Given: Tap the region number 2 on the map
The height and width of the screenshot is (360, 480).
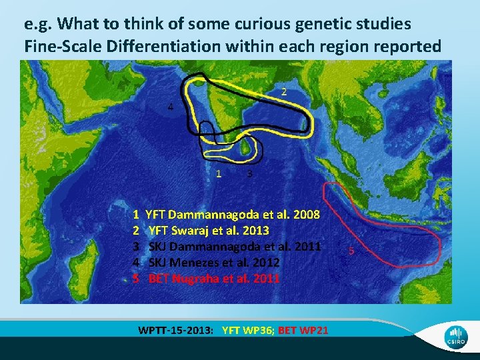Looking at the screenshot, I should (x=283, y=91).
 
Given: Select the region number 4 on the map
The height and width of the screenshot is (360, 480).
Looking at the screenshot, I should (x=171, y=108).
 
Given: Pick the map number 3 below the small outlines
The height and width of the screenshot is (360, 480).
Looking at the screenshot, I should (x=249, y=174).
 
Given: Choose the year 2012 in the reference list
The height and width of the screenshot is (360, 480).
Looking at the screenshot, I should (x=265, y=262).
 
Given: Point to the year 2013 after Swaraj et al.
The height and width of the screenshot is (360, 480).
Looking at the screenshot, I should (x=255, y=231).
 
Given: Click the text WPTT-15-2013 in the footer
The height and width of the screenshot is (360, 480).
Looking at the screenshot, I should (x=175, y=329).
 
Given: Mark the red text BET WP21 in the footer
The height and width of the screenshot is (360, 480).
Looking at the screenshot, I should (x=303, y=329).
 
